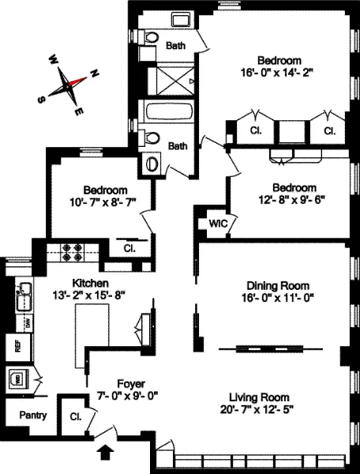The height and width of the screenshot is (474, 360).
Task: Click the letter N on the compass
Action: click(x=94, y=73)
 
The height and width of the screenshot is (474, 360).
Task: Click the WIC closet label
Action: click(x=217, y=224)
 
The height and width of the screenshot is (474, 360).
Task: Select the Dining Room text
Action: click(x=277, y=285)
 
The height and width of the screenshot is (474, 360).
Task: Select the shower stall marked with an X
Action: click(x=171, y=77)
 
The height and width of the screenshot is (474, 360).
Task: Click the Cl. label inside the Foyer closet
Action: click(x=76, y=416)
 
